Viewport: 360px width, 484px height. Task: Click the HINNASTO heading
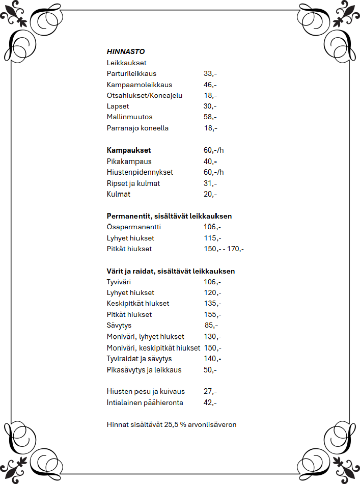[x=126, y=51]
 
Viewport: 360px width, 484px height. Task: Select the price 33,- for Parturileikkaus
[x=210, y=74]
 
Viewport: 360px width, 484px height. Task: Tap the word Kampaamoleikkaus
[x=140, y=85]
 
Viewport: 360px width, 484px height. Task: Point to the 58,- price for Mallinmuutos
[x=210, y=117]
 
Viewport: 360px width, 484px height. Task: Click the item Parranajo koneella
[x=137, y=128]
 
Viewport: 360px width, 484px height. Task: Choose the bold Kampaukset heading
[x=129, y=150]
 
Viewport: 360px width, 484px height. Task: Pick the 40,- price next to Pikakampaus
[x=210, y=162]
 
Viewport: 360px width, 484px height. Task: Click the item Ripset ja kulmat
[x=133, y=183]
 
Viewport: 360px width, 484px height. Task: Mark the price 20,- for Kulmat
[x=210, y=195]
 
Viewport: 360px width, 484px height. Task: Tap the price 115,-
[x=212, y=238]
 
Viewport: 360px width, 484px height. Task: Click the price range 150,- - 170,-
[x=224, y=249]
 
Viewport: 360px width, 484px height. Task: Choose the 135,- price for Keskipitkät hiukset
[x=212, y=304]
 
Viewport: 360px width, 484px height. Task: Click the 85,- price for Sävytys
[x=211, y=326]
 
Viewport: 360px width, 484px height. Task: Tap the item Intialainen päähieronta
[x=145, y=402]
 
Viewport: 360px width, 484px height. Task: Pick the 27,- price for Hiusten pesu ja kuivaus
[x=210, y=391]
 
